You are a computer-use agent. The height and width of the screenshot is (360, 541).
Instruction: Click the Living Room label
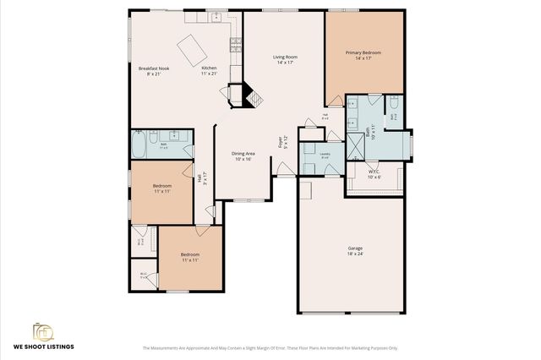285,59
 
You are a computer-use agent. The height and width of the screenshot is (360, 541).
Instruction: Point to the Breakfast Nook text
155,70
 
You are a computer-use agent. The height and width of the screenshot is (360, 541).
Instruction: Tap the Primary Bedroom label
363,55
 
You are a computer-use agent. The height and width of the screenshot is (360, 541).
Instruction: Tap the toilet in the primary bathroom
394,104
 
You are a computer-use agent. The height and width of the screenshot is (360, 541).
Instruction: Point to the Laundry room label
325,155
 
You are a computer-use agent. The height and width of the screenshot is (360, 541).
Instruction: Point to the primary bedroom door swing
336,101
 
